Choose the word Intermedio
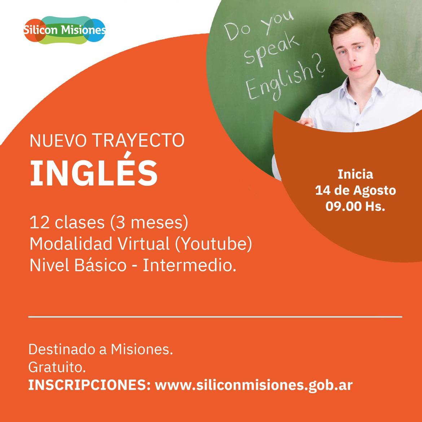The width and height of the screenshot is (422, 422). tap(189, 265)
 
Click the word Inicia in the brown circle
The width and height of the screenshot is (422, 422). tap(355, 175)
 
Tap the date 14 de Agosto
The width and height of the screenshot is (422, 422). tap(355, 190)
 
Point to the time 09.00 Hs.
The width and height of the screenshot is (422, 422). tap(355, 206)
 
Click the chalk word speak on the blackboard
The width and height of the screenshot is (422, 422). tap(272, 51)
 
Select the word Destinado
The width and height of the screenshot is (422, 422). tap(61, 350)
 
